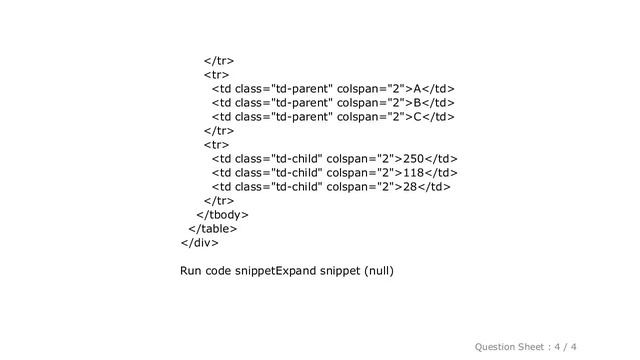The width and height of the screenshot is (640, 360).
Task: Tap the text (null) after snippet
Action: [379, 269]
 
